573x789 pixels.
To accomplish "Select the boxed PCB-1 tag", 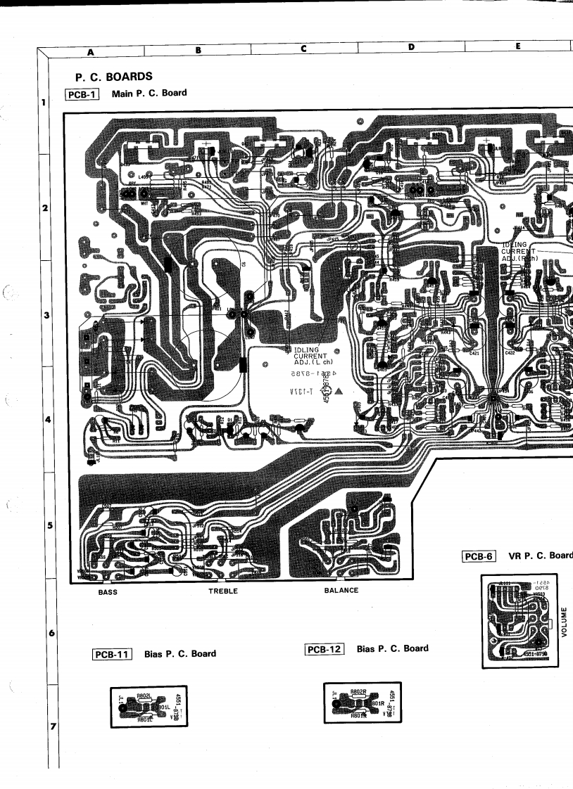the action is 82,94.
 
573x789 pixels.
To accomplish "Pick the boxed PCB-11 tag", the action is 113,654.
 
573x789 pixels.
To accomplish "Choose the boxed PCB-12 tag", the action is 325,648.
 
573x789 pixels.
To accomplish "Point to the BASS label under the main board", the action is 108,591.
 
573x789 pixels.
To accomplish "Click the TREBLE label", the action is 223,591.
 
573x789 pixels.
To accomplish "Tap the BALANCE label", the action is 341,591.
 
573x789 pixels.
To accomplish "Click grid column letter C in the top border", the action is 304,49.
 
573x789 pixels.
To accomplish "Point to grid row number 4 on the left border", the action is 46,420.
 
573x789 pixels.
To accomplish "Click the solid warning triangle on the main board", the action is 339,390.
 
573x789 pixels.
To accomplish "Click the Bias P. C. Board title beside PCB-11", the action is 180,654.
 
